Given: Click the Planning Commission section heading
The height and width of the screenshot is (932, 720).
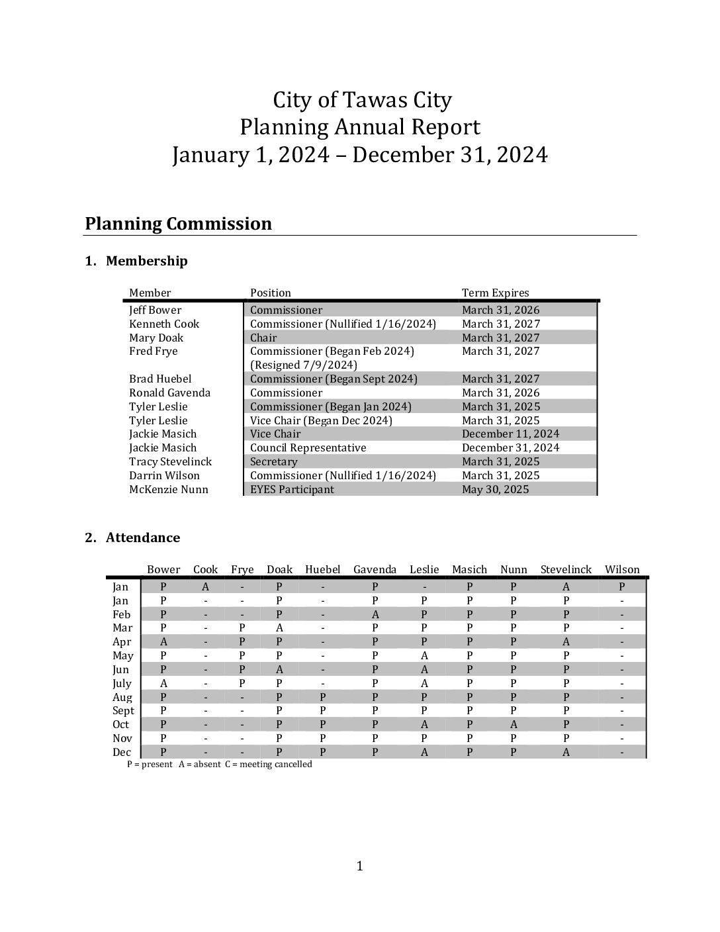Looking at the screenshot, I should pyautogui.click(x=178, y=224).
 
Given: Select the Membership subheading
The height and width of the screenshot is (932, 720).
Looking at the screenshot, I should pyautogui.click(x=146, y=261).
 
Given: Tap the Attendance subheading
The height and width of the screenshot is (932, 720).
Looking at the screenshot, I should pyautogui.click(x=142, y=537).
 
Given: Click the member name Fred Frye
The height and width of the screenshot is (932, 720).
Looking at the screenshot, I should pyautogui.click(x=153, y=351).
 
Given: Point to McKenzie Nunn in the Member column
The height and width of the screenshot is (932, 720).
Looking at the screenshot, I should pyautogui.click(x=168, y=490).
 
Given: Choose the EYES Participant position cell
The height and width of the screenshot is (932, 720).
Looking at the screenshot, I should pyautogui.click(x=292, y=490).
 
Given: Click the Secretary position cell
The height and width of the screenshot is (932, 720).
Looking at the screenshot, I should pyautogui.click(x=273, y=462).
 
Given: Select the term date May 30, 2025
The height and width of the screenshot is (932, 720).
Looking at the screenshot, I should pyautogui.click(x=495, y=490).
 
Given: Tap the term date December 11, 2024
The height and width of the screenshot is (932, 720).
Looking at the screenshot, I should pyautogui.click(x=510, y=434).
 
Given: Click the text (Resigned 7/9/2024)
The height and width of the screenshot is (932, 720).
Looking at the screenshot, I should pyautogui.click(x=303, y=365).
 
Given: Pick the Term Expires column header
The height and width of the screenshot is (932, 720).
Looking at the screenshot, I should pyautogui.click(x=495, y=293).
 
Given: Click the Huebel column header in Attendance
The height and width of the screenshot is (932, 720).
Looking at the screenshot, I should pyautogui.click(x=322, y=570).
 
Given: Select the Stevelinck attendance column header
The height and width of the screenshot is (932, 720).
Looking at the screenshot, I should pyautogui.click(x=566, y=570).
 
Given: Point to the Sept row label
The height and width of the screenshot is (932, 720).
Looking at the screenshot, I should pyautogui.click(x=123, y=711).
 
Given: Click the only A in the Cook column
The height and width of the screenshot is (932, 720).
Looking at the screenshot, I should pyautogui.click(x=205, y=587).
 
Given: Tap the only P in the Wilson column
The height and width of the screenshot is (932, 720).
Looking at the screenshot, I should pyautogui.click(x=622, y=587).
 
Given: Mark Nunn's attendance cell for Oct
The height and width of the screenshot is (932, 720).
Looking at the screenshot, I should pyautogui.click(x=514, y=725).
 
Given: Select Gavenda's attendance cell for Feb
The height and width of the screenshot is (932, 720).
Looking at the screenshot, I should pyautogui.click(x=375, y=615).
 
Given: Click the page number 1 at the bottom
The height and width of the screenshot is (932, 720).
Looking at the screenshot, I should pyautogui.click(x=360, y=866).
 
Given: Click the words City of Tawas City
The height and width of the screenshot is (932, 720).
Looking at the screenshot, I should pyautogui.click(x=362, y=100).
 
